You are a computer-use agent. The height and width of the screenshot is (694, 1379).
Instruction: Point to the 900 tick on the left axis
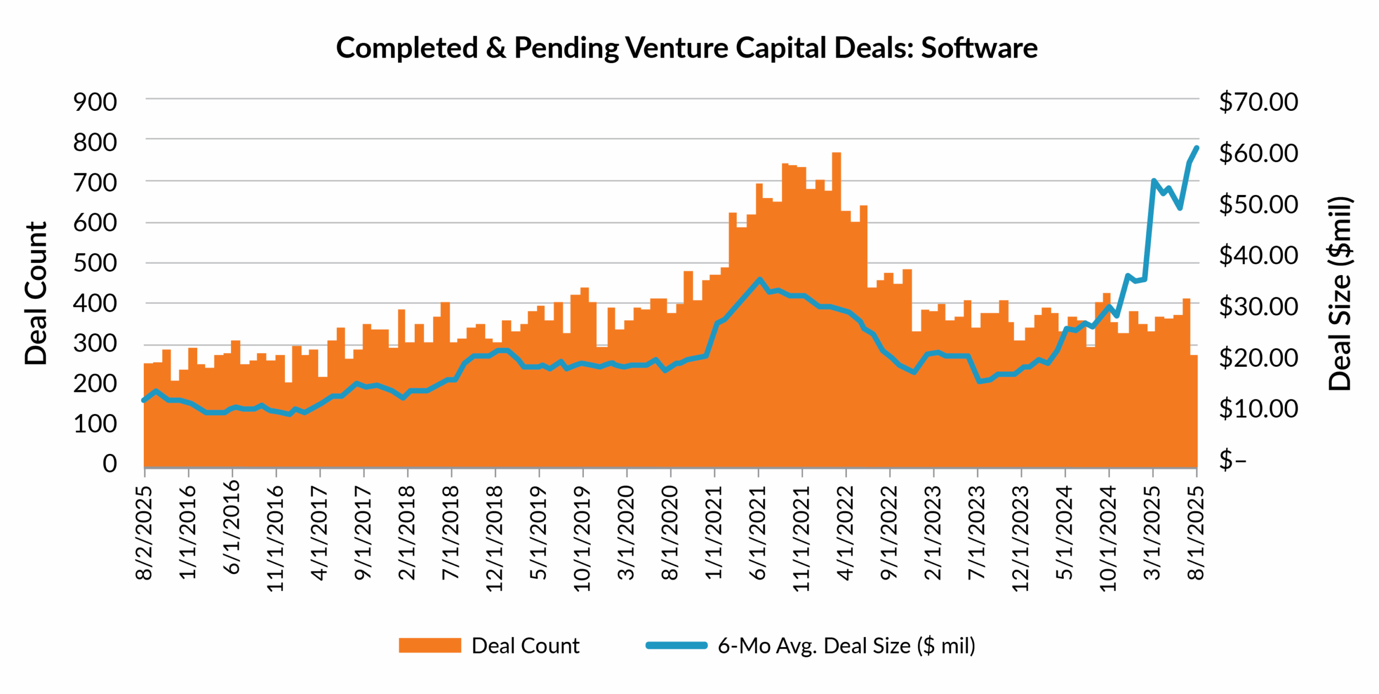(x=95, y=102)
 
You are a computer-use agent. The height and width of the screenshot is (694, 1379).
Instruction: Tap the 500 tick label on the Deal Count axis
(x=95, y=263)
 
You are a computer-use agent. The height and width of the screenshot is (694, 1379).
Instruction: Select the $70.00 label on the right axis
(x=1258, y=102)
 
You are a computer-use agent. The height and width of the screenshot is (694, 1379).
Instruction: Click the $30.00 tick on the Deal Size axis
(x=1258, y=306)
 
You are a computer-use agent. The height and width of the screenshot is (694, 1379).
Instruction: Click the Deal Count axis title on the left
(x=37, y=293)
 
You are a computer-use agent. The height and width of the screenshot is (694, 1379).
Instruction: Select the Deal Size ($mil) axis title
(x=1340, y=293)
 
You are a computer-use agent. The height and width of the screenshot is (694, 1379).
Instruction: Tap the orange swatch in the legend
(x=429, y=645)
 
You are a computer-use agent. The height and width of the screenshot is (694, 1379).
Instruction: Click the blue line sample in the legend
(x=676, y=645)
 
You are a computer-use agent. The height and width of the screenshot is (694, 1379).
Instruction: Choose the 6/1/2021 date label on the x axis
(x=758, y=532)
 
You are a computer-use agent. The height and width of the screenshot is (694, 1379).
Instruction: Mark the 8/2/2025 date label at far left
(x=144, y=532)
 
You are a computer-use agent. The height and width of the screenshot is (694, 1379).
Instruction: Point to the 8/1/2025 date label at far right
(x=1196, y=532)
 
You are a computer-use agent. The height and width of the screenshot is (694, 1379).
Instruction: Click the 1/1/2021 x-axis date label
(x=714, y=532)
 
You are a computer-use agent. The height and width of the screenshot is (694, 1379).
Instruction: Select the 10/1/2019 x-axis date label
(x=582, y=538)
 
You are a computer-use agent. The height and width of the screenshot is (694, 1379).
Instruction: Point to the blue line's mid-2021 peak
(x=760, y=279)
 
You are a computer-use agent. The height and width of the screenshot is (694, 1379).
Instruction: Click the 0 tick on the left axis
(x=109, y=463)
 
